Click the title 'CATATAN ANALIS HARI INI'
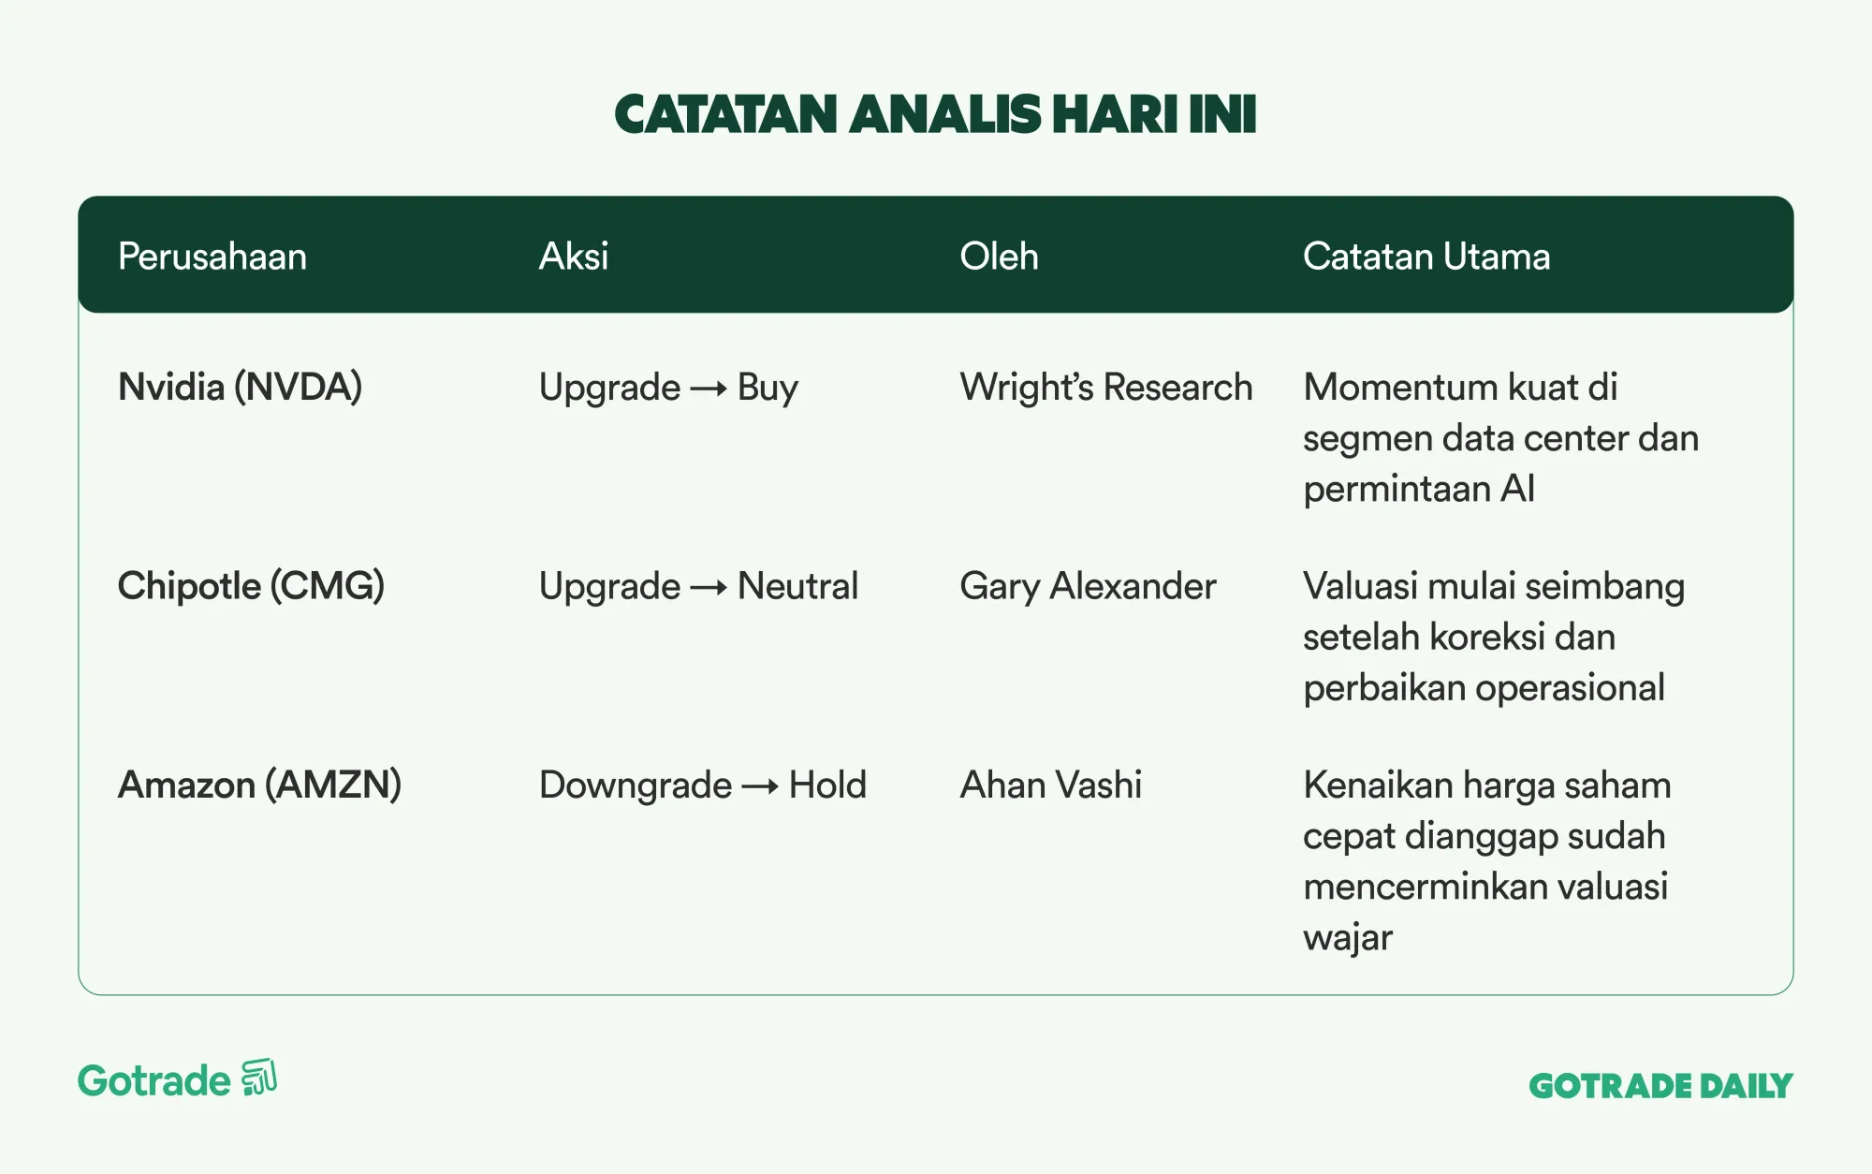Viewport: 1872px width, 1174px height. pyautogui.click(x=935, y=114)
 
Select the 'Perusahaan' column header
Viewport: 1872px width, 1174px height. pyautogui.click(x=212, y=257)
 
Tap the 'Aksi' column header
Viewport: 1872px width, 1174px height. pyautogui.click(x=574, y=257)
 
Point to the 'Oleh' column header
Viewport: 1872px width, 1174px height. pyautogui.click(x=999, y=257)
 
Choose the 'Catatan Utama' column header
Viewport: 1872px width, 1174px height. pyautogui.click(x=1426, y=257)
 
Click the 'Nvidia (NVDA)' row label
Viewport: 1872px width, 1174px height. pyautogui.click(x=240, y=388)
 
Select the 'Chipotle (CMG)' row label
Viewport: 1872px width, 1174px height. pyautogui.click(x=251, y=586)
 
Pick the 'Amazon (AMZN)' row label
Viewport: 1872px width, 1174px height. pyautogui.click(x=259, y=785)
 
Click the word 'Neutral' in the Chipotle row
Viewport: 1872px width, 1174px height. pyautogui.click(x=797, y=586)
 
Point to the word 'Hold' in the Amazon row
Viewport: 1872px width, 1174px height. pyautogui.click(x=827, y=785)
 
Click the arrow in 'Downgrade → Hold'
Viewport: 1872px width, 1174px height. pyautogui.click(x=760, y=787)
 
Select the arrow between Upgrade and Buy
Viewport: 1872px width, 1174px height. pyautogui.click(x=709, y=389)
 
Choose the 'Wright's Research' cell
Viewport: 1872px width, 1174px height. pyautogui.click(x=1106, y=388)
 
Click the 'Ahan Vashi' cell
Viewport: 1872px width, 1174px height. pyautogui.click(x=1051, y=785)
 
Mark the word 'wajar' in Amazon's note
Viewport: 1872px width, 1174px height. pyautogui.click(x=1348, y=938)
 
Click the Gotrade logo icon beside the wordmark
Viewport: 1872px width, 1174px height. pyautogui.click(x=259, y=1078)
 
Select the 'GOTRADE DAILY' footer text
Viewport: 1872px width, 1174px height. pyautogui.click(x=1660, y=1086)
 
